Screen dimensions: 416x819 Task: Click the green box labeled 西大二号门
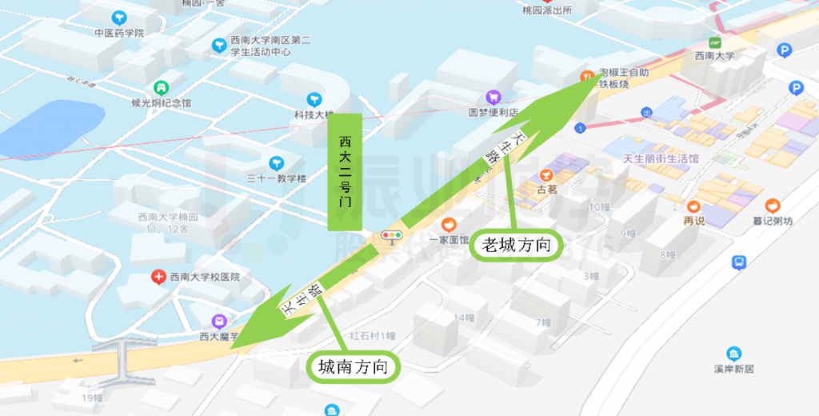pyautogui.click(x=345, y=172)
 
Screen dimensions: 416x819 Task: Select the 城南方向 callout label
pyautogui.click(x=353, y=367)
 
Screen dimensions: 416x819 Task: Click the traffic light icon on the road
pyautogui.click(x=392, y=236)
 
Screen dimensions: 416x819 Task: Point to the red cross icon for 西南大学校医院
pyautogui.click(x=158, y=277)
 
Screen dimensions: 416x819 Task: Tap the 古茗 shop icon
pyautogui.click(x=547, y=174)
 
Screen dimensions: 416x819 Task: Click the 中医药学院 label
pyautogui.click(x=118, y=33)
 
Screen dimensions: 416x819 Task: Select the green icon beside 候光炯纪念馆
pyautogui.click(x=161, y=86)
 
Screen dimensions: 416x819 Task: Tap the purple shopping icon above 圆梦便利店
pyautogui.click(x=493, y=97)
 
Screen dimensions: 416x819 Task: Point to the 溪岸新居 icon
pyautogui.click(x=733, y=354)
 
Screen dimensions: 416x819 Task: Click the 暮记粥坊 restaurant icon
pyautogui.click(x=772, y=206)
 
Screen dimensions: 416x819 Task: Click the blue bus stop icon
pyautogui.click(x=739, y=262)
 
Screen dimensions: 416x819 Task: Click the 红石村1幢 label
pyautogui.click(x=373, y=336)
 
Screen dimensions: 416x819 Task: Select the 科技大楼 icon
pyautogui.click(x=314, y=99)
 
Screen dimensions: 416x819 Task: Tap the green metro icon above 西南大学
pyautogui.click(x=714, y=42)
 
